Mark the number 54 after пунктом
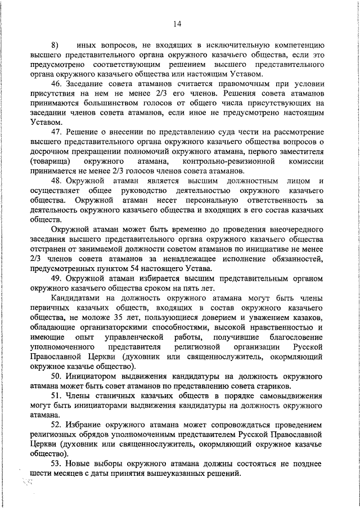141,269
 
